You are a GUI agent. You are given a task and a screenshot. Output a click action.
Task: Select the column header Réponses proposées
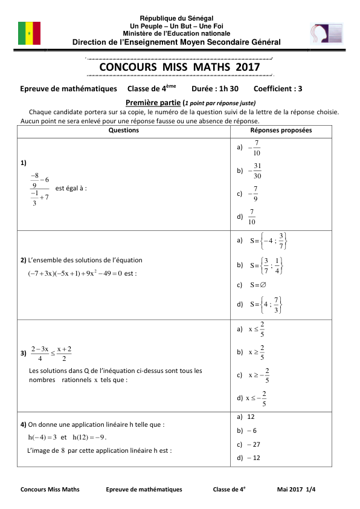click(281, 131)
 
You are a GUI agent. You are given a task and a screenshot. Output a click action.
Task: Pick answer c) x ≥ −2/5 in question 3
click(258, 375)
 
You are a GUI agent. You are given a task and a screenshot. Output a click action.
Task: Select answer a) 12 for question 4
click(246, 417)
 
